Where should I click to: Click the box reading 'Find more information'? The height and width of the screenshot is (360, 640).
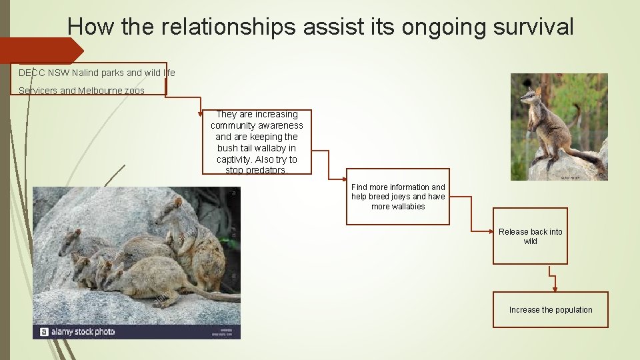398,197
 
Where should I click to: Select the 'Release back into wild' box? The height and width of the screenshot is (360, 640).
530,237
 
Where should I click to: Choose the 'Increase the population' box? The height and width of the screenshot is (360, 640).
550,310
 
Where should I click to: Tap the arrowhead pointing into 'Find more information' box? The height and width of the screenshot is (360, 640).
344,177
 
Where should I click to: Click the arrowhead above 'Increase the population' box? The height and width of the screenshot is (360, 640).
555,288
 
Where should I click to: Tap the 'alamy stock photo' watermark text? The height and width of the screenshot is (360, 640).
84,331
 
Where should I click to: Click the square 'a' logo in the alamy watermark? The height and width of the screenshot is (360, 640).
44,331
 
